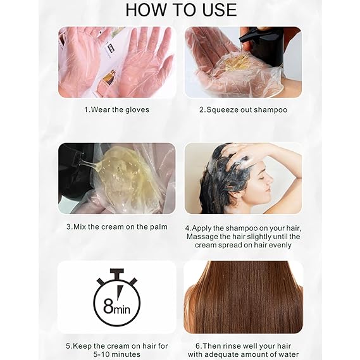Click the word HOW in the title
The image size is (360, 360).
pos(146,9)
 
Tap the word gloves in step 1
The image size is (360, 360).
pos(137,109)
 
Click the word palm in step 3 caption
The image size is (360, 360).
pos(159,227)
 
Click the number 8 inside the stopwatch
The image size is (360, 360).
pos(108,306)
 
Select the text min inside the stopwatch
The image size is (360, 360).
pos(121,309)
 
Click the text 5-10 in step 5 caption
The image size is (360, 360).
pos(102,354)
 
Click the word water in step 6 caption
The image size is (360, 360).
pos(287,354)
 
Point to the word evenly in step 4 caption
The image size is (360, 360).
pos(280,245)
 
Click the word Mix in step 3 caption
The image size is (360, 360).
pos(80,227)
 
